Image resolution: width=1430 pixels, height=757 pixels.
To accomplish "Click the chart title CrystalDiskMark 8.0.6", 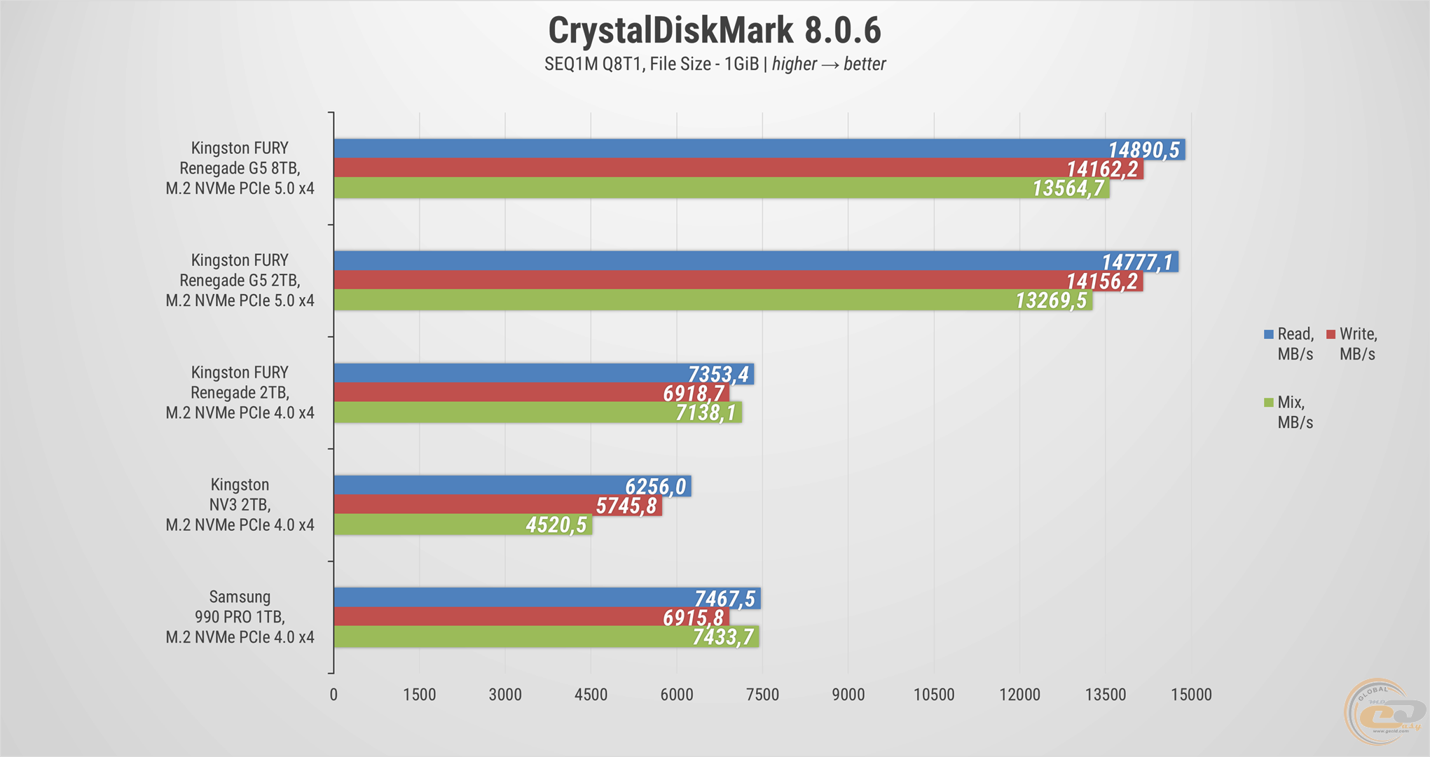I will point(715,31).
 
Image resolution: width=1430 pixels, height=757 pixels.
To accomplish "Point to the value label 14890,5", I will point(1143,150).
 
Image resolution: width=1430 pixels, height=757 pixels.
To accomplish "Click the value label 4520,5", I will point(556,525).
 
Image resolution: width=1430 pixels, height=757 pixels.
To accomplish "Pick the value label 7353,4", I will point(718,375).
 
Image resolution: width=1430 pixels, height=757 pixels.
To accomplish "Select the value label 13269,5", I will point(1051,300).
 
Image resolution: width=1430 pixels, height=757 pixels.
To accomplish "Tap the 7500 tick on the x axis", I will point(762,695).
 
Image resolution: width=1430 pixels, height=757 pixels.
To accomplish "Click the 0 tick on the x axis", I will point(334,695).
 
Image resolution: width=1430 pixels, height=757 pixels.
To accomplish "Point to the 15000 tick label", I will point(1191,695).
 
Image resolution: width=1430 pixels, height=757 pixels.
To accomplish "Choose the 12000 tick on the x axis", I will point(1019,695).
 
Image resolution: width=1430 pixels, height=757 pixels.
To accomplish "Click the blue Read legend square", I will point(1268,335).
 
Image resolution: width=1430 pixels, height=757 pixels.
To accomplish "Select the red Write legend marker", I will point(1331,335).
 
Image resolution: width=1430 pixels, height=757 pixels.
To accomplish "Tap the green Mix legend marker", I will point(1268,403).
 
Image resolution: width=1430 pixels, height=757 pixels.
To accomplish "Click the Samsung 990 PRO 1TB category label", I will point(240,617).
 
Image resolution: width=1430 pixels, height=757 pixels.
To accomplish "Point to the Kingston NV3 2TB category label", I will point(240,505).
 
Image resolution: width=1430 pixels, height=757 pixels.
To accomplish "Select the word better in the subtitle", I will point(865,64).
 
